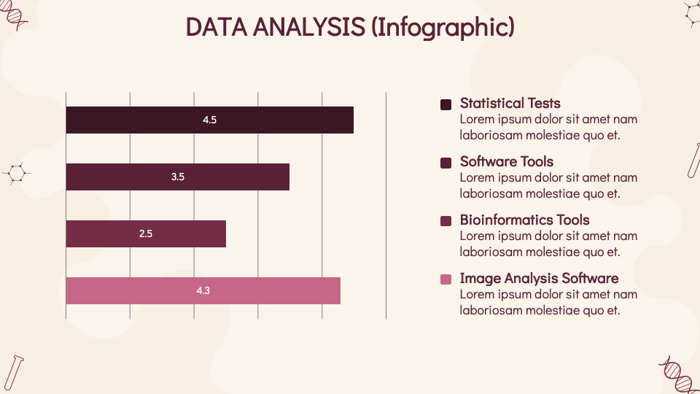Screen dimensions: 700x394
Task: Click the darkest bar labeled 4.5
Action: [x=210, y=120]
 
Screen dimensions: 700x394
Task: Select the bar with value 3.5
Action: [x=178, y=177]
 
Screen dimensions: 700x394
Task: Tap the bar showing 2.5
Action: [x=146, y=233]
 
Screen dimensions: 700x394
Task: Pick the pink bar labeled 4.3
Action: [x=203, y=291]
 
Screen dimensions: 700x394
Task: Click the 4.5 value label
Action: [x=209, y=120]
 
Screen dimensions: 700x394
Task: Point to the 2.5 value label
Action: [x=146, y=233]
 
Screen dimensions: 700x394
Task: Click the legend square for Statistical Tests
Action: [x=446, y=104]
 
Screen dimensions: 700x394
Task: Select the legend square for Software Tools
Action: [x=446, y=163]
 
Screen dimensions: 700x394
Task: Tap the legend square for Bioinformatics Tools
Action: [x=446, y=221]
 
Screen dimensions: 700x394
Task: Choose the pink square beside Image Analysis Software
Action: [x=446, y=279]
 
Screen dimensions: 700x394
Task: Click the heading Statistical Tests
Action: [x=510, y=103]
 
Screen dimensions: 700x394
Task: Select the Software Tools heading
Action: [x=507, y=162]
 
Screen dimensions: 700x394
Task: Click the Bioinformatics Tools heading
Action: [x=524, y=220]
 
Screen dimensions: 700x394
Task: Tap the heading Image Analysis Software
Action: [x=540, y=278]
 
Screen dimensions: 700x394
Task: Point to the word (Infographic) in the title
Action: [x=443, y=28]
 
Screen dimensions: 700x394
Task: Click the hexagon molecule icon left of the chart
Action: [x=16, y=174]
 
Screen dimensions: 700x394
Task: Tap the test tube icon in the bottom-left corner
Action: [x=13, y=374]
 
